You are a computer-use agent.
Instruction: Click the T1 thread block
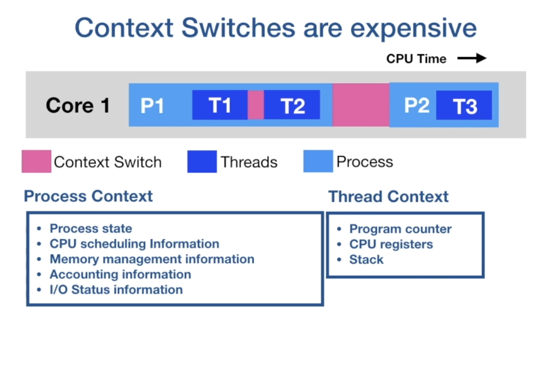coord(220,105)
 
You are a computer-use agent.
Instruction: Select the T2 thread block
coord(292,105)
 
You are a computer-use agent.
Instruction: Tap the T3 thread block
coord(464,105)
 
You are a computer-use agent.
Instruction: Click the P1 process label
coord(152,106)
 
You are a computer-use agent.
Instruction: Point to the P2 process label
coord(416,105)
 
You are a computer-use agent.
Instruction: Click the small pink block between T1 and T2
coord(256,105)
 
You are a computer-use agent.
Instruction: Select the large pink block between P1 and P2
coord(361,105)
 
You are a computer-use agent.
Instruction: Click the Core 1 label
coord(78,105)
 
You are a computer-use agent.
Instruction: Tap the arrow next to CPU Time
coord(472,58)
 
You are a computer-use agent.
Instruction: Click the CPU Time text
coord(416,59)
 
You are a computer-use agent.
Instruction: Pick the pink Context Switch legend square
coord(36,161)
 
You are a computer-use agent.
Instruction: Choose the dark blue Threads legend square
coord(202,161)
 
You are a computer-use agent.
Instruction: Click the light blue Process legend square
coord(318,161)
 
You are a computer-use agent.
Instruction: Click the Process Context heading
coord(88,196)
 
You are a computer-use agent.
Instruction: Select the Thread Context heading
coord(388,196)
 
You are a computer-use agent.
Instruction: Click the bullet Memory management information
coord(152,259)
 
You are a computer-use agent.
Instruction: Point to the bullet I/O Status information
coord(116,289)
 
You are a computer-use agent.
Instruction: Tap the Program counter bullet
coord(400,229)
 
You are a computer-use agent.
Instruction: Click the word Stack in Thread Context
coord(366,260)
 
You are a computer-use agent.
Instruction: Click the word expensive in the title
coord(414,28)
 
